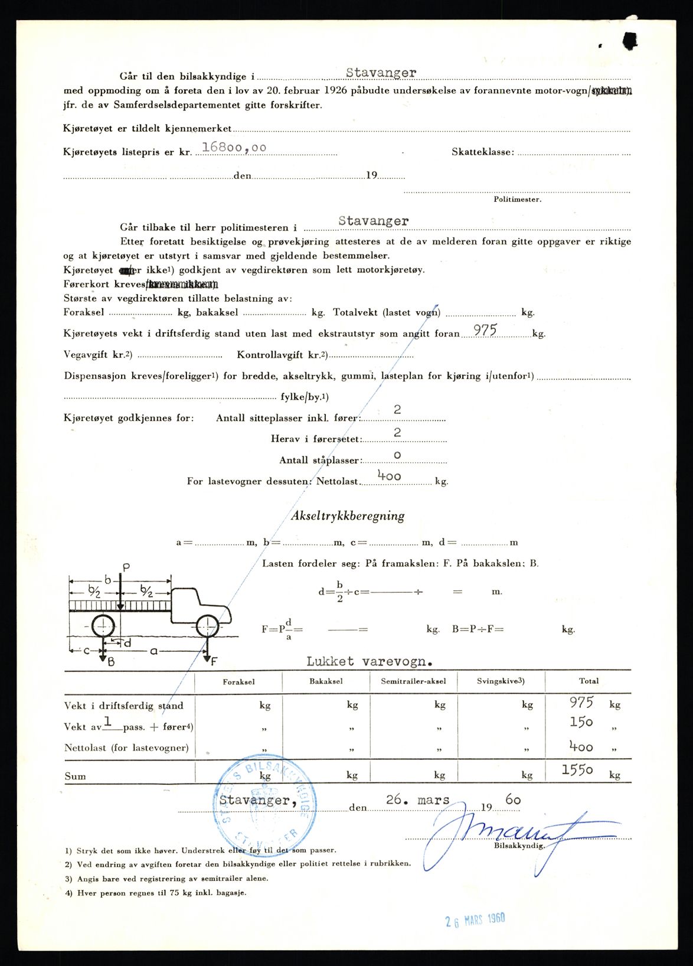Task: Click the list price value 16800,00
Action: [234, 148]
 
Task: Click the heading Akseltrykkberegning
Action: [348, 515]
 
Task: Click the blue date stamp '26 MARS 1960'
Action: [475, 919]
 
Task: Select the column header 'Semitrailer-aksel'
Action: [413, 681]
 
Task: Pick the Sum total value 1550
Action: [577, 770]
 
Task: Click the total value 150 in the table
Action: [581, 722]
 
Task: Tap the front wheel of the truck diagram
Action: [208, 626]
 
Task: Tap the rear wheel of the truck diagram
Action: [103, 626]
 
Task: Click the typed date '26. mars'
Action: [417, 800]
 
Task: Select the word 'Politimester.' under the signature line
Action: [517, 200]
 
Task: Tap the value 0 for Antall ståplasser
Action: [397, 455]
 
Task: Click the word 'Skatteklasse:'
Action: [483, 152]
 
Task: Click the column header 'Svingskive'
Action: [500, 681]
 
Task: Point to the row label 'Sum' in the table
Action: [75, 776]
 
